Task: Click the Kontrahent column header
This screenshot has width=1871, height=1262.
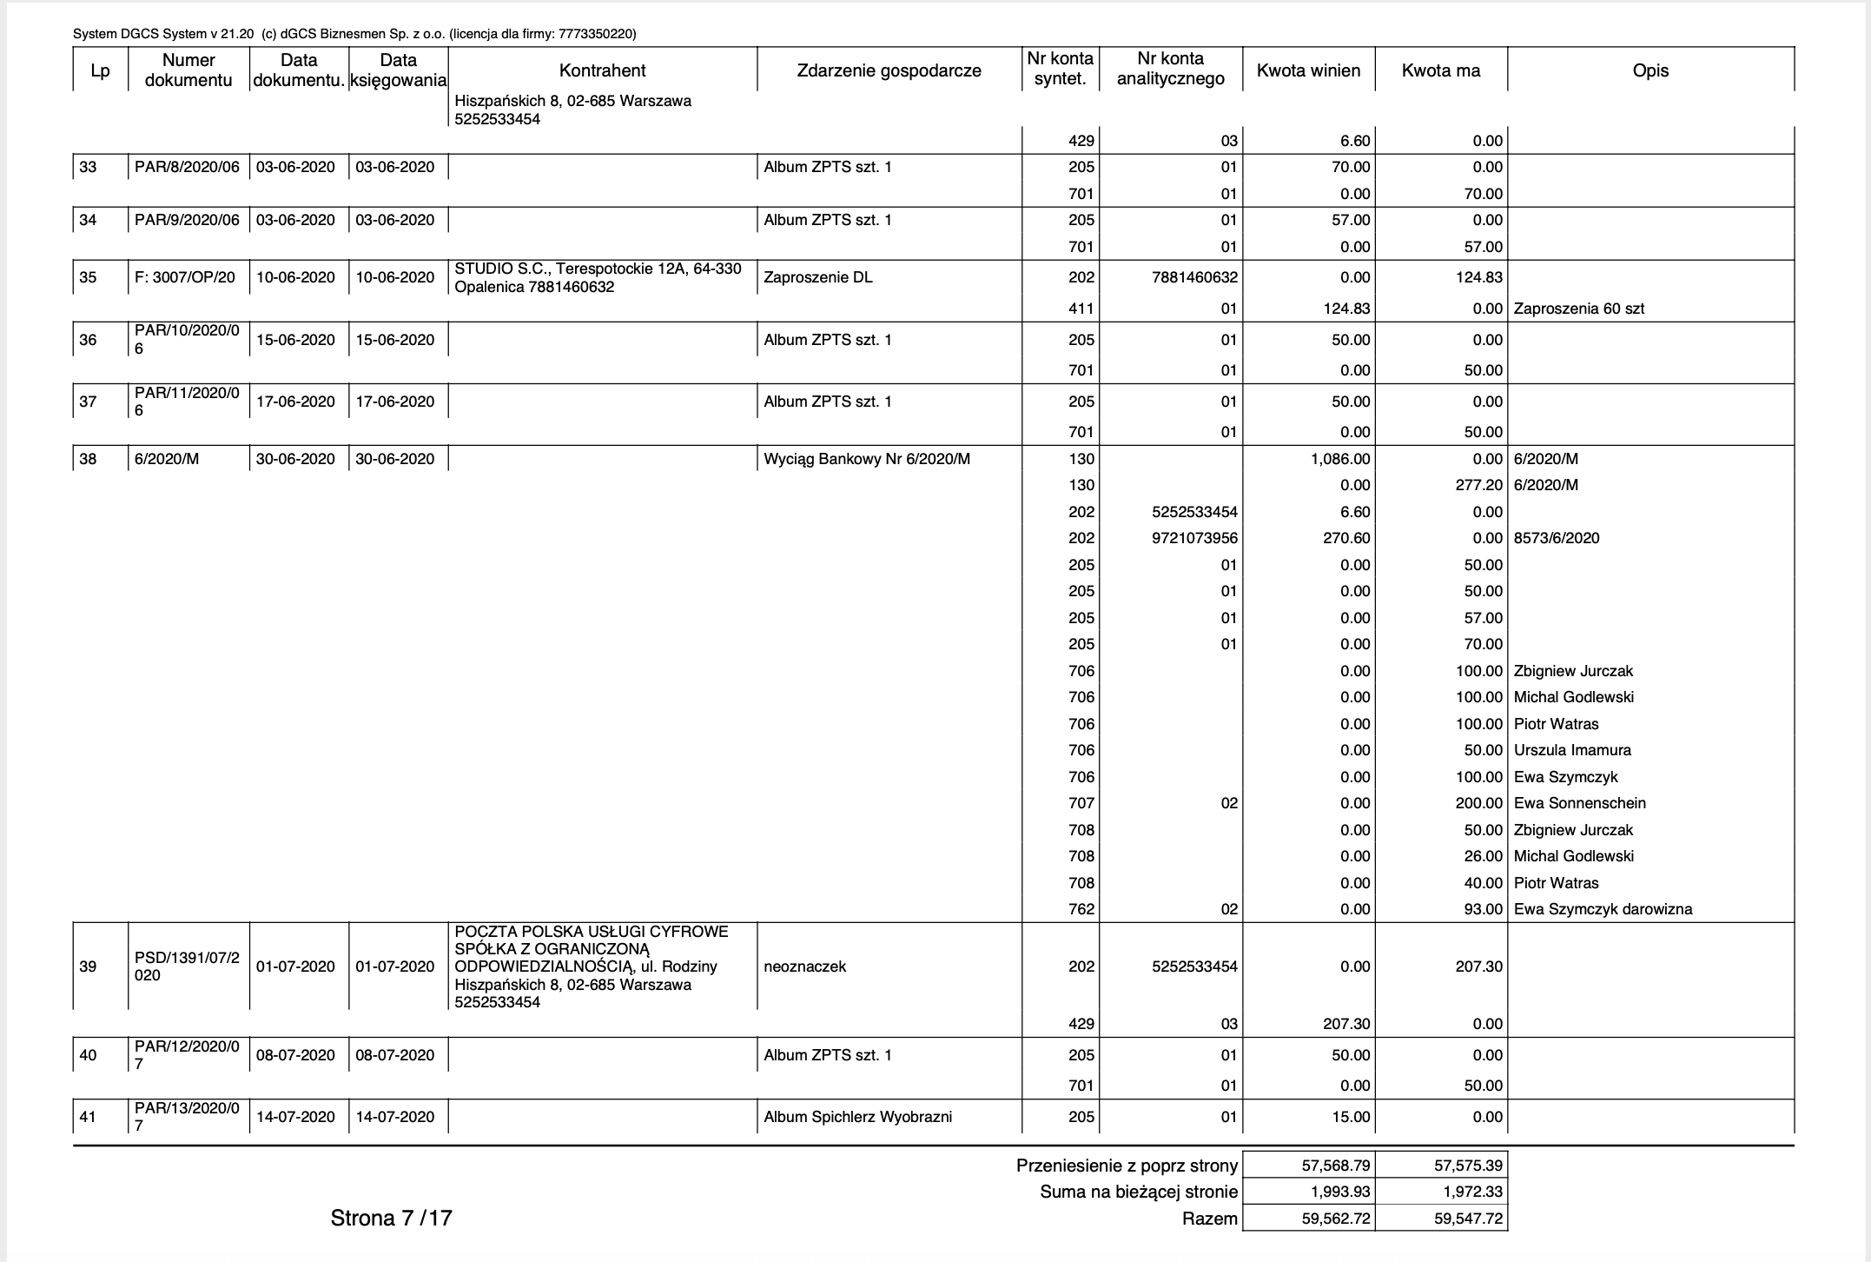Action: (x=602, y=70)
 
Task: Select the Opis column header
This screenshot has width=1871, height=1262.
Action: (x=1650, y=70)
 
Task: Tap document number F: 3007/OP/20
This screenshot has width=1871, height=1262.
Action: (x=184, y=277)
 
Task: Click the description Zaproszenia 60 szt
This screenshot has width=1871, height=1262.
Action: (x=1578, y=309)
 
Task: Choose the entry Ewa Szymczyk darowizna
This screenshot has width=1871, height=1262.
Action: (x=1603, y=909)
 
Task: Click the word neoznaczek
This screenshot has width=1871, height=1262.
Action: (x=804, y=966)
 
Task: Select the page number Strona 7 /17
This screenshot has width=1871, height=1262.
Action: (x=391, y=1218)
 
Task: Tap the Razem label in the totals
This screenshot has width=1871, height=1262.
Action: (x=1209, y=1219)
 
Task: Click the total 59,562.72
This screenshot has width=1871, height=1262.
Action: (x=1335, y=1219)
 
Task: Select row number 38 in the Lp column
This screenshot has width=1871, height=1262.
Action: (x=88, y=459)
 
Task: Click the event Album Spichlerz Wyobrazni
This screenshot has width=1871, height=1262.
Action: (x=857, y=1117)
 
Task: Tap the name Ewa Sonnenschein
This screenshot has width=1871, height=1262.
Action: (x=1579, y=803)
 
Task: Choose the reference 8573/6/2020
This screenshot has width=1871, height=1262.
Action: (x=1556, y=538)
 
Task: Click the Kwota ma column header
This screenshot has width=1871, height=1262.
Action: (x=1440, y=70)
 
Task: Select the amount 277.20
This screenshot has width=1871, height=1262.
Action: (x=1478, y=485)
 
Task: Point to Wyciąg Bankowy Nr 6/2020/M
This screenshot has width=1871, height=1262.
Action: (x=866, y=459)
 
